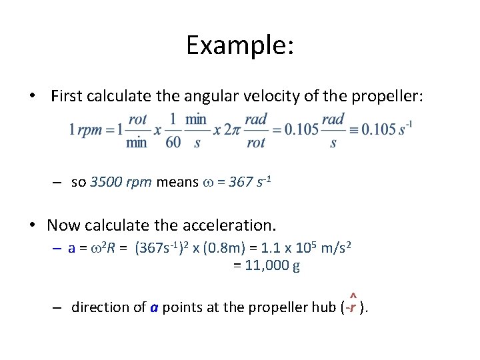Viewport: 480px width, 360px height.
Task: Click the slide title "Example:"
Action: [x=240, y=45]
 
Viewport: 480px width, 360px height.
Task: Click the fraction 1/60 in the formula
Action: [x=173, y=131]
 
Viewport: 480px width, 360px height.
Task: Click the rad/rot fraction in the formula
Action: [x=256, y=131]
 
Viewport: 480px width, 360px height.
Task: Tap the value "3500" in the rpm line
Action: [x=105, y=182]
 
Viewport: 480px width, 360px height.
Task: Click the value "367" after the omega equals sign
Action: [x=239, y=182]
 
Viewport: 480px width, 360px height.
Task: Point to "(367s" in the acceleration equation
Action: [x=153, y=249]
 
